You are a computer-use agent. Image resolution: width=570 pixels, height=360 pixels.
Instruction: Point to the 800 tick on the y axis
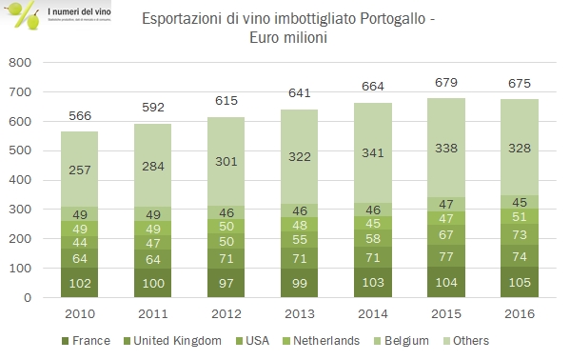coord(21,63)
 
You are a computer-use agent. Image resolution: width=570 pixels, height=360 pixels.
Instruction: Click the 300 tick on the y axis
coord(21,210)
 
